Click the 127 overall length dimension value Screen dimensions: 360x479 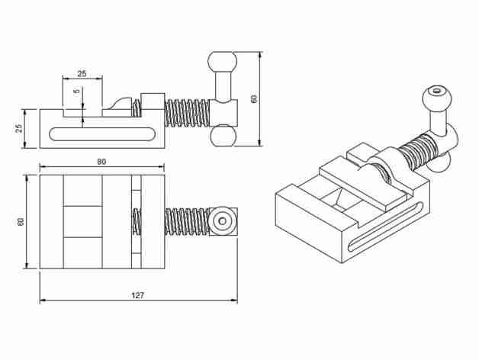click(137, 294)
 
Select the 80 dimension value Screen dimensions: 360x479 click(101, 162)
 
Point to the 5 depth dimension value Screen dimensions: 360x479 click(76, 92)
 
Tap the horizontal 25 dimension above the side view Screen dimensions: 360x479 click(82, 74)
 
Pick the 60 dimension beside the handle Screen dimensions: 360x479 click(255, 98)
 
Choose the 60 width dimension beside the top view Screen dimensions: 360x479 click(21, 221)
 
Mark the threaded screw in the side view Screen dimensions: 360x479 click(188, 114)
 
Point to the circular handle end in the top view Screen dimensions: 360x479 click(223, 221)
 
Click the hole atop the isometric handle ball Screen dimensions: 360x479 click(436, 91)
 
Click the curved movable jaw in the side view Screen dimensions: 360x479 click(122, 104)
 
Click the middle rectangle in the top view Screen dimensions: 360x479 click(82, 221)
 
